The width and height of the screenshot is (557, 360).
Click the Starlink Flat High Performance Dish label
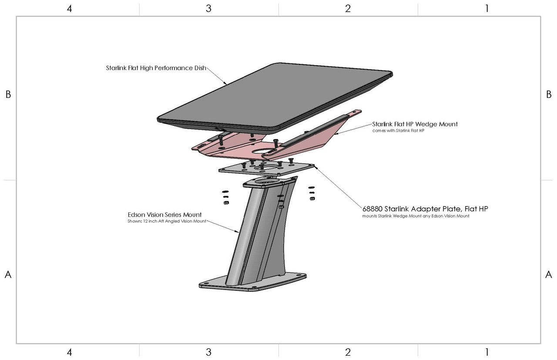(156, 68)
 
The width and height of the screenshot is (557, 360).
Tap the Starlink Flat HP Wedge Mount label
(415, 124)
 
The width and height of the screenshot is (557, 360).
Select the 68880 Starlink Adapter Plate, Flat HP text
(425, 209)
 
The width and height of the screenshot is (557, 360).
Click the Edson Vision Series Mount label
(164, 215)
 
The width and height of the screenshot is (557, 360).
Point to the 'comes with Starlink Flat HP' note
(398, 131)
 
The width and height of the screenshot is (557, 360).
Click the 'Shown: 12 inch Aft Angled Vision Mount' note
(167, 221)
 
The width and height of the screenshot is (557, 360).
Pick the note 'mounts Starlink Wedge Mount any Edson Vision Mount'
(416, 216)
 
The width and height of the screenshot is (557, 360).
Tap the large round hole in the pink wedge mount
(261, 151)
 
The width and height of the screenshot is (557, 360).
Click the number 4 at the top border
(69, 9)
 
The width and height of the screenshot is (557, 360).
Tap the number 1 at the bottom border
(487, 352)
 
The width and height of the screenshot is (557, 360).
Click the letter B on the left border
(8, 94)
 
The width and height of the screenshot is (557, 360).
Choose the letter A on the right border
(549, 274)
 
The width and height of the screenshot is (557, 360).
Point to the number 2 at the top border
(348, 9)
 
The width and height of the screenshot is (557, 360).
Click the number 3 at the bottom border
(208, 352)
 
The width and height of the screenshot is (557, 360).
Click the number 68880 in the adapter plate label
(372, 209)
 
